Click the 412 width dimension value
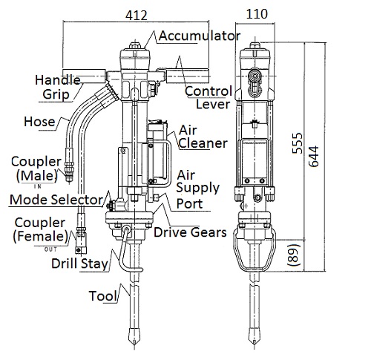pyautogui.click(x=137, y=16)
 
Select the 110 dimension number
pyautogui.click(x=257, y=14)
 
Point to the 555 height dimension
pyautogui.click(x=298, y=143)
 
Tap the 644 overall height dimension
pyautogui.click(x=314, y=157)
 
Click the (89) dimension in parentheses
pyautogui.click(x=294, y=255)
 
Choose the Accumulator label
pyautogui.click(x=200, y=36)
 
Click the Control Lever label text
pyautogui.click(x=209, y=98)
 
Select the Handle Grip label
pyautogui.click(x=58, y=88)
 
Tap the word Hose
pyautogui.click(x=39, y=122)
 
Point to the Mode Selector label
pyautogui.click(x=56, y=200)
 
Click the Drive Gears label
pyautogui.click(x=190, y=232)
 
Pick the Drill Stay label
pyautogui.click(x=79, y=264)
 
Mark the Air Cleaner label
pyautogui.click(x=203, y=137)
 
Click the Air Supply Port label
pyautogui.click(x=197, y=189)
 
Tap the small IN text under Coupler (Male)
pyautogui.click(x=38, y=186)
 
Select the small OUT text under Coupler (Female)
pyautogui.click(x=50, y=249)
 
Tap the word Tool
pyautogui.click(x=103, y=296)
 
